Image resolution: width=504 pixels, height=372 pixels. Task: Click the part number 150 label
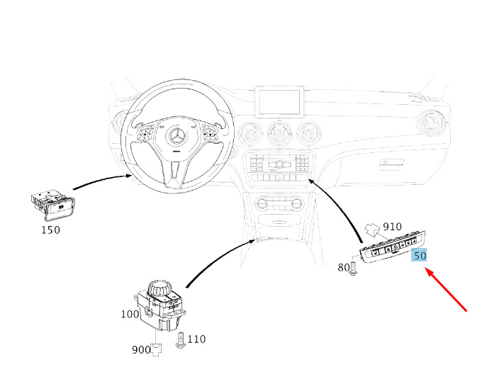(x=50, y=230)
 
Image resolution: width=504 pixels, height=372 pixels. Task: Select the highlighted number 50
(x=420, y=256)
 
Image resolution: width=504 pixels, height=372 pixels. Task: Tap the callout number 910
(x=392, y=227)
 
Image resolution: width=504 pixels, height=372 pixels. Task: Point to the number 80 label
(x=343, y=267)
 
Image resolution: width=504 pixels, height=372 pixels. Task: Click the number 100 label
(x=130, y=314)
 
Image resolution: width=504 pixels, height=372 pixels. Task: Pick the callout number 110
(x=196, y=339)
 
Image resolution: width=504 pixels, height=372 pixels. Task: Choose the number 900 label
(x=141, y=349)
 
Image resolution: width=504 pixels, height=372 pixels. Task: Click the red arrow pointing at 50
(x=447, y=291)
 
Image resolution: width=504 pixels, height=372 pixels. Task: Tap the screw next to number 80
(x=353, y=269)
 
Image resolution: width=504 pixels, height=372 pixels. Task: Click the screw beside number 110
(x=180, y=340)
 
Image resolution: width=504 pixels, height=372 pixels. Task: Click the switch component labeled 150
(x=53, y=205)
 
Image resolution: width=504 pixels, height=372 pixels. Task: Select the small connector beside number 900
(x=156, y=349)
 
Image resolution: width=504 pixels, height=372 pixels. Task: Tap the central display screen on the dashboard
(x=279, y=102)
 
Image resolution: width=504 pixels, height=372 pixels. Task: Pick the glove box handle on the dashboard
(x=391, y=164)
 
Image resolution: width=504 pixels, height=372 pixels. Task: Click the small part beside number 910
(x=373, y=230)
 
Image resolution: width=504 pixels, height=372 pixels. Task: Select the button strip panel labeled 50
(x=393, y=247)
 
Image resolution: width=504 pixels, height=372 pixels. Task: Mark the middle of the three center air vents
(x=279, y=133)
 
